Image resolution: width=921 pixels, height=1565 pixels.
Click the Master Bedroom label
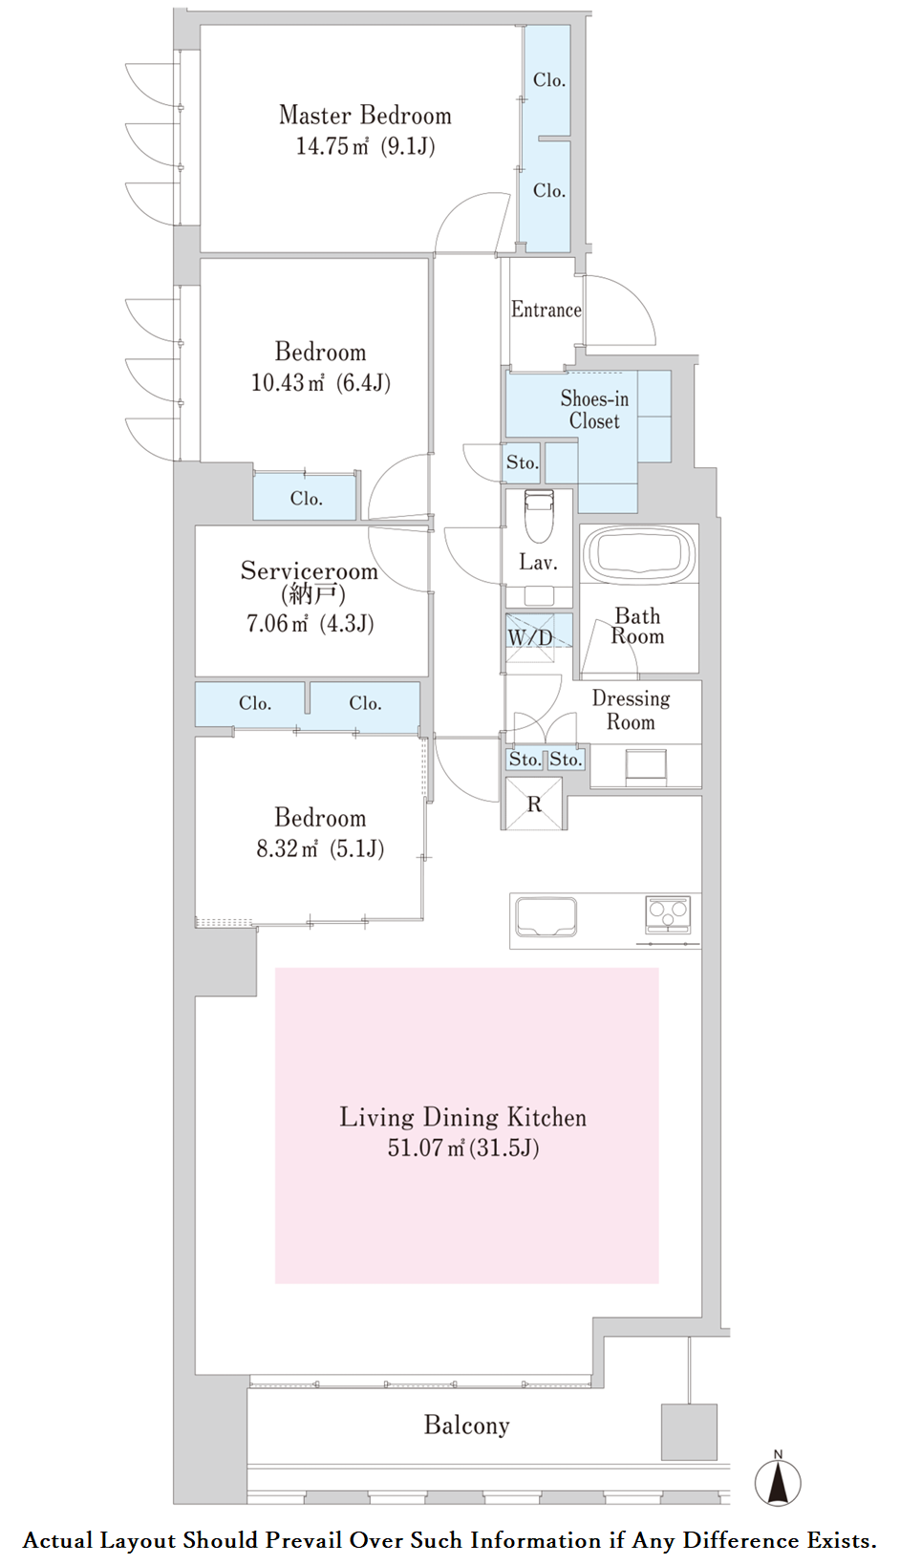click(x=365, y=116)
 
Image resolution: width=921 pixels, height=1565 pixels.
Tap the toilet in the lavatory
click(x=539, y=515)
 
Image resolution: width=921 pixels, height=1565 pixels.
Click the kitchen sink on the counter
click(x=546, y=916)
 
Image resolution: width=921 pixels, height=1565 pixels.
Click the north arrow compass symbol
click(x=778, y=1481)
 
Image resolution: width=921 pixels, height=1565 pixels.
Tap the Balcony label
click(x=467, y=1425)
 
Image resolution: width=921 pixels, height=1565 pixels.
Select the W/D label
click(x=529, y=636)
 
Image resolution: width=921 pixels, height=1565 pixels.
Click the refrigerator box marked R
click(x=534, y=804)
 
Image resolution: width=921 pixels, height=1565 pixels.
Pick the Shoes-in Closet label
click(x=594, y=410)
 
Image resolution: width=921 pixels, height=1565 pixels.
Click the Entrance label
click(x=546, y=310)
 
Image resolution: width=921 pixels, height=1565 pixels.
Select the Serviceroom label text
click(x=309, y=570)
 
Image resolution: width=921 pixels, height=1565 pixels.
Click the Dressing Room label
click(x=631, y=710)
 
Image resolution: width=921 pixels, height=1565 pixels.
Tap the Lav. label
click(x=538, y=562)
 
